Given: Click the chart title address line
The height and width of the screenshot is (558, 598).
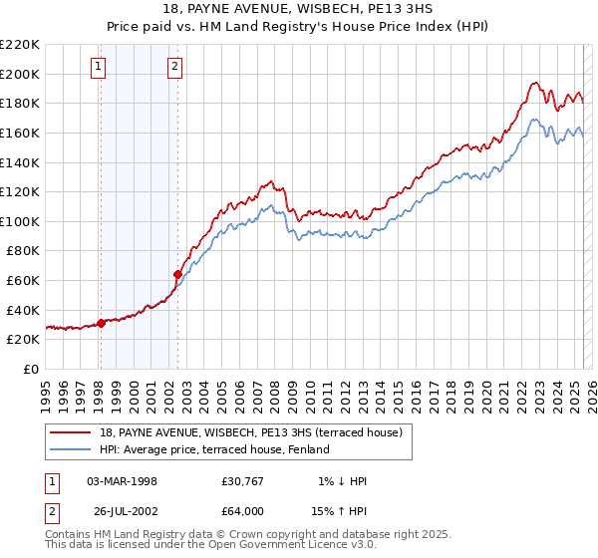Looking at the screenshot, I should [298, 9].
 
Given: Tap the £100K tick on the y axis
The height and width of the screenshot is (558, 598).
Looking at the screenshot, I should [20, 221].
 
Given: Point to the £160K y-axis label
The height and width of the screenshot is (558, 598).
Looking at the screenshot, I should [20, 133].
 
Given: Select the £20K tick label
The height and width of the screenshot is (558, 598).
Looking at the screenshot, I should [24, 340].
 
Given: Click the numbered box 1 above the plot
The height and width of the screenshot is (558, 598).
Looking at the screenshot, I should [100, 67].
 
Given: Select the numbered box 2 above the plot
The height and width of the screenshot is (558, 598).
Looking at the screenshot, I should [174, 67].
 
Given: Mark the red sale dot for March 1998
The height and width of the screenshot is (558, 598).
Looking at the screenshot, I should [101, 323].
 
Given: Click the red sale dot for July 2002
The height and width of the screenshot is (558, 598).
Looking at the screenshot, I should [177, 274].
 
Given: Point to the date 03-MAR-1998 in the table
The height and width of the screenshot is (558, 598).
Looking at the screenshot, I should [122, 481].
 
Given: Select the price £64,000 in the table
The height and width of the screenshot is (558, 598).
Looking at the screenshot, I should [243, 511].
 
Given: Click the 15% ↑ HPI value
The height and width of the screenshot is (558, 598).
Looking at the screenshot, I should [341, 511].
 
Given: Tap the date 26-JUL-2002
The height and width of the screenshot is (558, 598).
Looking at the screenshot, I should [122, 511].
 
